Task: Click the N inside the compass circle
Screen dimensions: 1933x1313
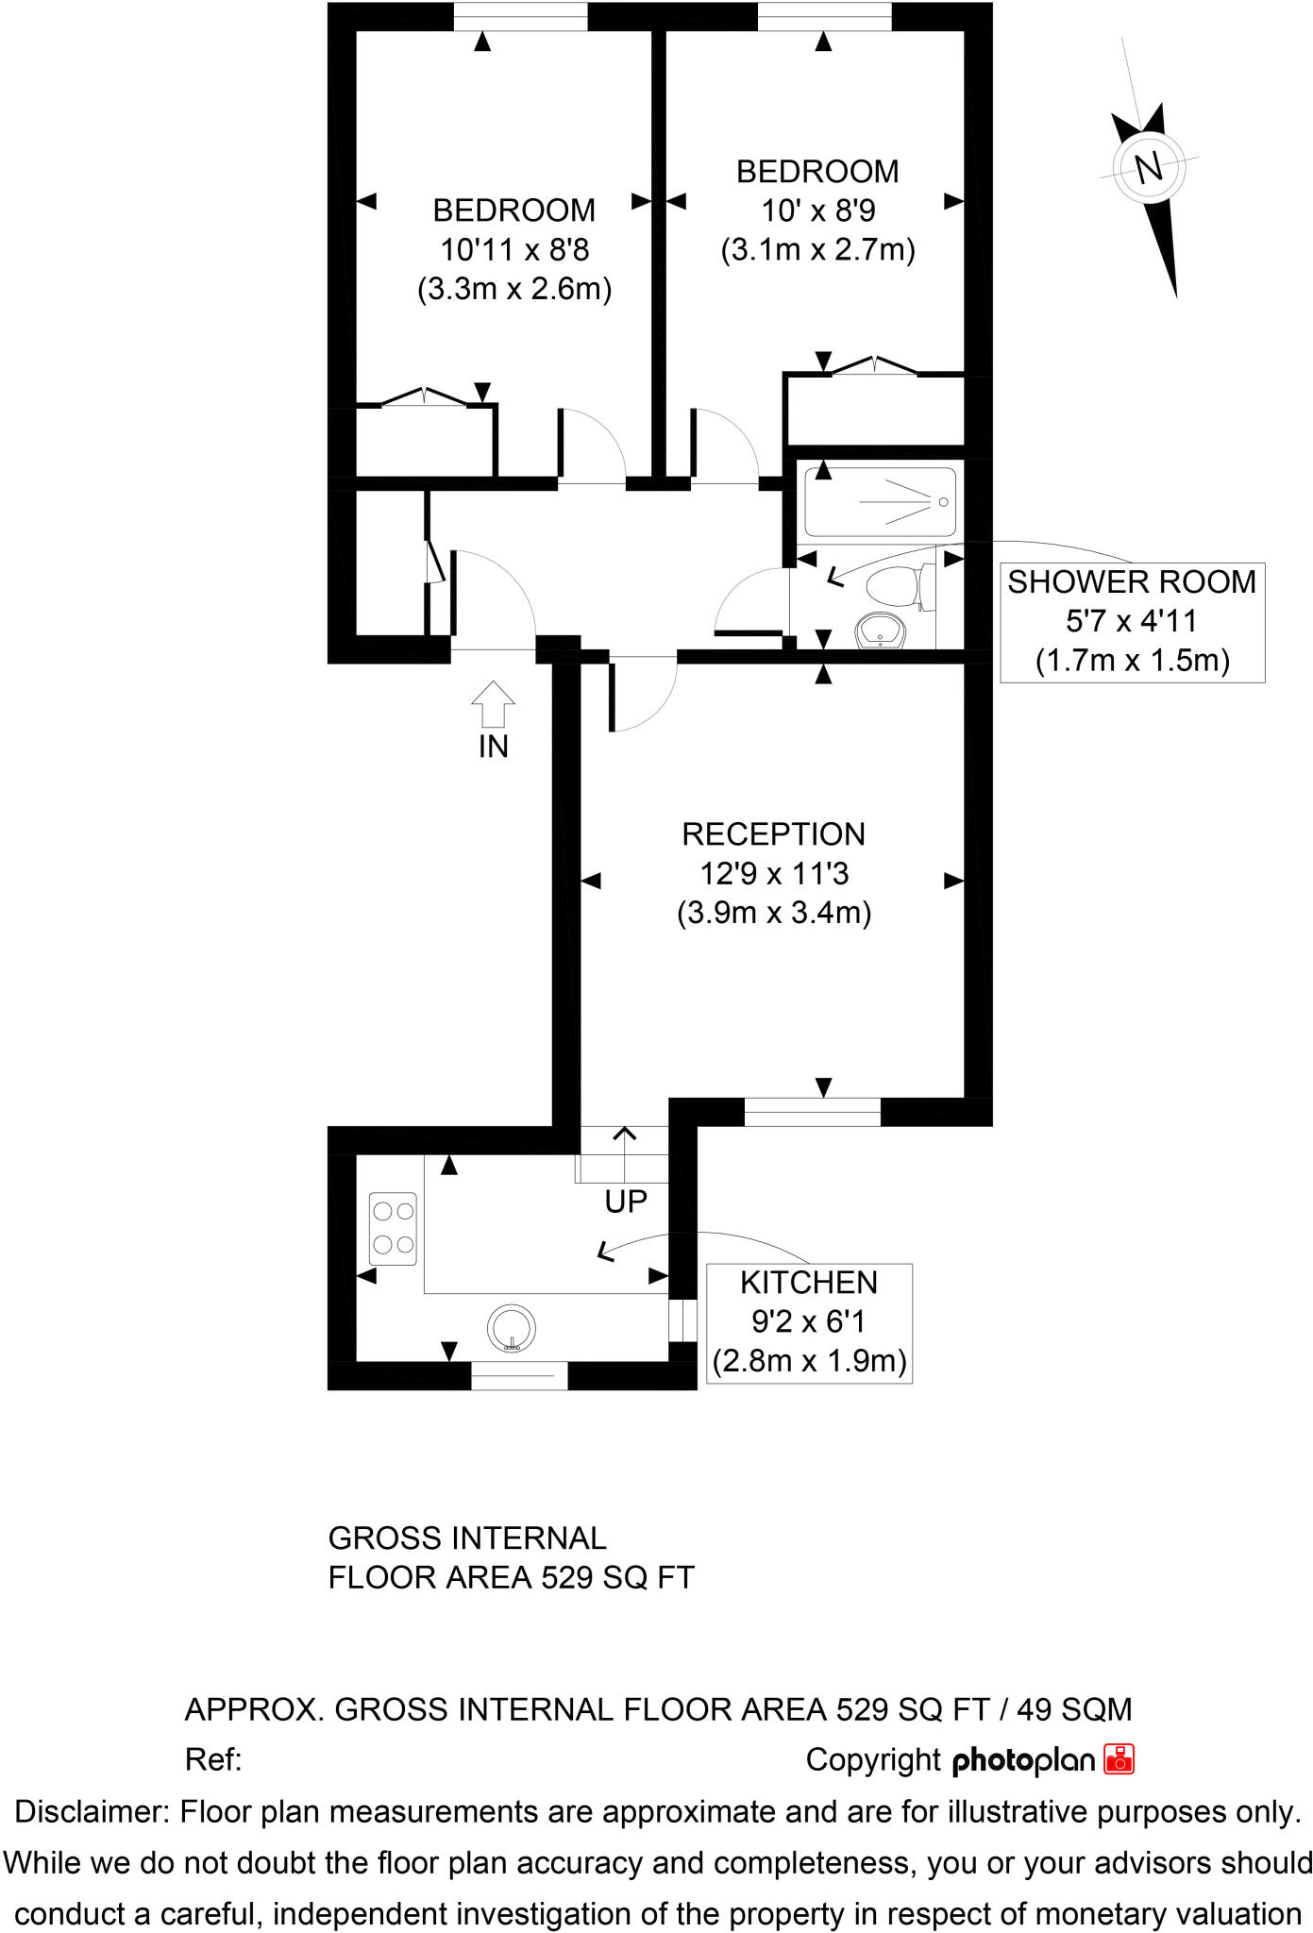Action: tap(1148, 168)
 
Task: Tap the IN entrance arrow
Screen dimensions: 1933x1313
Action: tap(493, 703)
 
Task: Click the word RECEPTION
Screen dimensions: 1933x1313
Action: tap(773, 834)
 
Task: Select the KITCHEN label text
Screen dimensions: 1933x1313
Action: tap(808, 1283)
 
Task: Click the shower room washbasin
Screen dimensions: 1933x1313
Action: tap(882, 631)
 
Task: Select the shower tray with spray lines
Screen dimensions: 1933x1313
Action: tap(880, 502)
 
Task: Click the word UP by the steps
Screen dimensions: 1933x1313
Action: tap(626, 1202)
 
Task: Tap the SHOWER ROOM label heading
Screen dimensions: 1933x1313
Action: tap(1131, 582)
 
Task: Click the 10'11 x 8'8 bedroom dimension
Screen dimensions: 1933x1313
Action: tap(514, 250)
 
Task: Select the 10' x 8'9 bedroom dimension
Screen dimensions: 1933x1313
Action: tap(817, 211)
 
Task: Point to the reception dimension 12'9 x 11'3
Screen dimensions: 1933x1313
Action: tap(773, 874)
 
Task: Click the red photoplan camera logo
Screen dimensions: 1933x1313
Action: tap(1119, 1759)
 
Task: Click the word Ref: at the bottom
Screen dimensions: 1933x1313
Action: tap(213, 1759)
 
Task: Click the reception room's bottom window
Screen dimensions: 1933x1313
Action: tap(812, 1112)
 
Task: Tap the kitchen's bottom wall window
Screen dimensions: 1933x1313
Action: tap(519, 1375)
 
